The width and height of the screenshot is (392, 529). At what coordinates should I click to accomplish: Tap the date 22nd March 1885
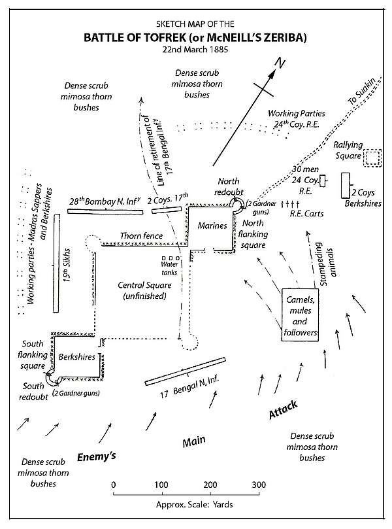[x=195, y=50]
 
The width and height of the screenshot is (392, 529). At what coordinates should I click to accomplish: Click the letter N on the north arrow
[x=279, y=63]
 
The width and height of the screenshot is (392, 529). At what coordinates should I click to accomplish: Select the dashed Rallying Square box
[x=372, y=158]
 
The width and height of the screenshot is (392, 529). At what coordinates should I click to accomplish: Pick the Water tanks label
[x=161, y=268]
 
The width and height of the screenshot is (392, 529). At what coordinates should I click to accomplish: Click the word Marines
[x=212, y=226]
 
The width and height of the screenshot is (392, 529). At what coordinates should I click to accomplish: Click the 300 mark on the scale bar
[x=259, y=485]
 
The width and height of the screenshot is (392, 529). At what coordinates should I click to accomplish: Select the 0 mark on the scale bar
[x=114, y=485]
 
